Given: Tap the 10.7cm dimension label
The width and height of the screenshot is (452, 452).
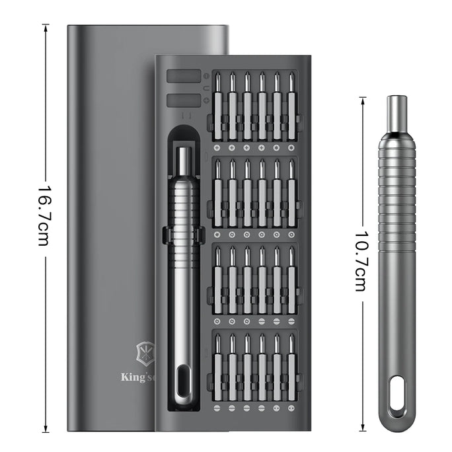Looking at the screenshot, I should (360, 261).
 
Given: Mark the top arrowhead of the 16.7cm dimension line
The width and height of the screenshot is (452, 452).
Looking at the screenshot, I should (45, 26).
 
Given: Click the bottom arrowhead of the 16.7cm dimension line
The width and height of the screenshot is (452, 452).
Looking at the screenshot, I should (45, 429).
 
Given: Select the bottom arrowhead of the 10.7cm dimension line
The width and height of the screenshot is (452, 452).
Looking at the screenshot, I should (363, 429).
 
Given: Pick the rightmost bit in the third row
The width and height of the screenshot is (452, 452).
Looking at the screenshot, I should (291, 280).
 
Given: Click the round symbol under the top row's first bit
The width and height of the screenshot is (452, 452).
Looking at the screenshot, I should (217, 147).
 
